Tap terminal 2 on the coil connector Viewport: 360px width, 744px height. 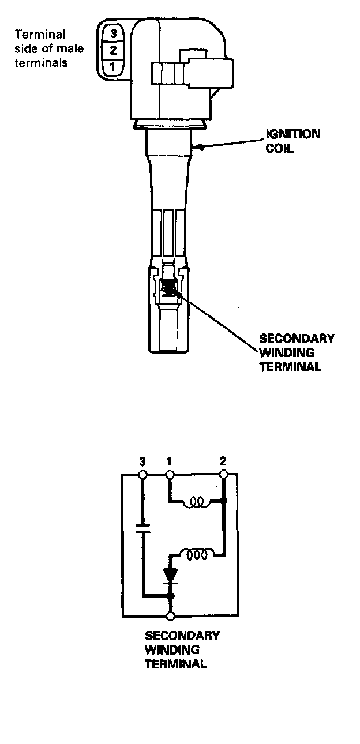coord(113,50)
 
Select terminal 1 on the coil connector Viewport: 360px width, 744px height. coord(113,67)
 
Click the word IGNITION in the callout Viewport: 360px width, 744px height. coord(292,134)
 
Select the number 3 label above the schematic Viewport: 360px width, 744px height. coord(142,461)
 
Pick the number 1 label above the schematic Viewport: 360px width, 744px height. coord(169,461)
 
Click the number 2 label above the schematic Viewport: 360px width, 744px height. coord(223,461)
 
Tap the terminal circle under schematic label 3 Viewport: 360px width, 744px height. coord(143,475)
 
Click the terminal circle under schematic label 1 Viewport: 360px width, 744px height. coord(170,475)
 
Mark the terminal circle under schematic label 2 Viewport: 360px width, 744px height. coord(224,475)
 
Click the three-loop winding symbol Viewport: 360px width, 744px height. coord(196,554)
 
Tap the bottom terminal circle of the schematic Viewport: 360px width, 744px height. coord(170,616)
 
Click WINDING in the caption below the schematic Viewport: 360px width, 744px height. coord(171,649)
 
